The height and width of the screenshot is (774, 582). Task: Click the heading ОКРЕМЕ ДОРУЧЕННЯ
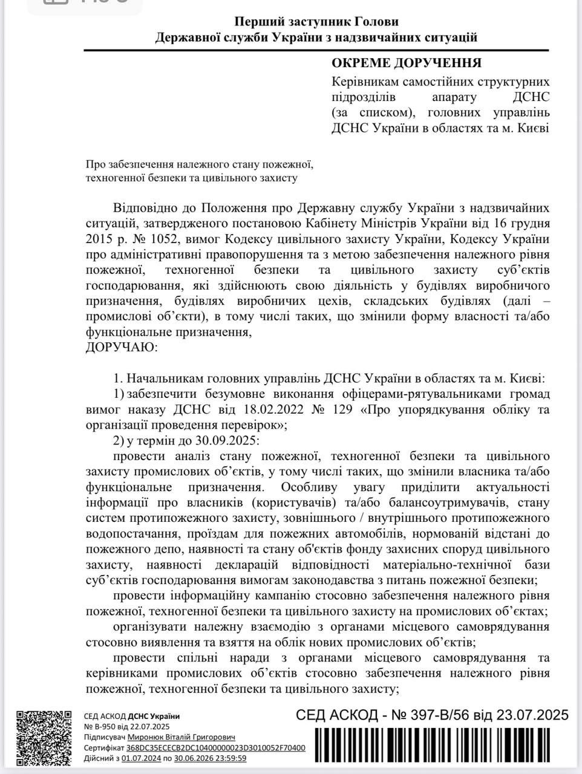pyautogui.click(x=406, y=63)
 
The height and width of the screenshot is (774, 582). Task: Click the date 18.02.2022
pyautogui.click(x=247, y=409)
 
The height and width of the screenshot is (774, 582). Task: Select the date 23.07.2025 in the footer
pyautogui.click(x=533, y=715)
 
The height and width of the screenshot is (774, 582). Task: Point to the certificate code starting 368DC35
pyautogui.click(x=216, y=747)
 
